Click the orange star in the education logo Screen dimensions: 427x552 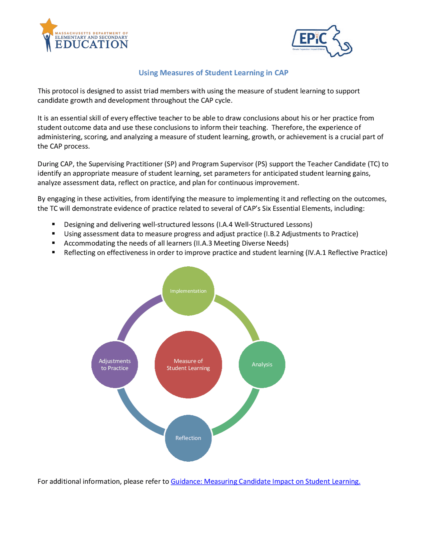(x=48, y=26)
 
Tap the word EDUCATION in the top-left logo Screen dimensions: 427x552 (x=91, y=44)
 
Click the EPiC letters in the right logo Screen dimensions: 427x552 (x=313, y=39)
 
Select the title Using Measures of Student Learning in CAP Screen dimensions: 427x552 (x=213, y=73)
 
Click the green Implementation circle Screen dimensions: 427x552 (x=188, y=291)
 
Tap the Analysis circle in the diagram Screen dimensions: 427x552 (x=262, y=364)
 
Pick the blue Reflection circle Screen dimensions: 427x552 (x=188, y=438)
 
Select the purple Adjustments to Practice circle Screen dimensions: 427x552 (x=115, y=364)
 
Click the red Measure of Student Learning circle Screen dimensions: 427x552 (x=188, y=364)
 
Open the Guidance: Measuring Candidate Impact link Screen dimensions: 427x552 (x=265, y=481)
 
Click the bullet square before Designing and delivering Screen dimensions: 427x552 (x=53, y=224)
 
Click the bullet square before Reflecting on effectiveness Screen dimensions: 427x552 (x=53, y=252)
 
